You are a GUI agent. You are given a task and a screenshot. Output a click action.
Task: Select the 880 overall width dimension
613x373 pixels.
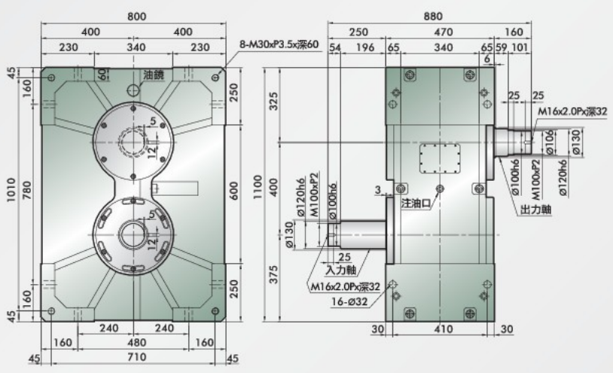pos(432,15)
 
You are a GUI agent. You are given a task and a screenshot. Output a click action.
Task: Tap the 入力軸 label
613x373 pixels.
pos(340,269)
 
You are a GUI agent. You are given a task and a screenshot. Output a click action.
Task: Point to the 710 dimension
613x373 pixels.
pos(135,356)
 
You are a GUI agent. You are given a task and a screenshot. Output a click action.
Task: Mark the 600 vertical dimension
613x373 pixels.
pos(235,190)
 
